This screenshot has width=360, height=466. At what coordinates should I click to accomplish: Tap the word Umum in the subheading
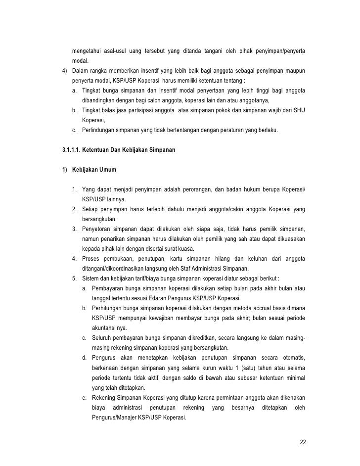[x=106, y=170]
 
